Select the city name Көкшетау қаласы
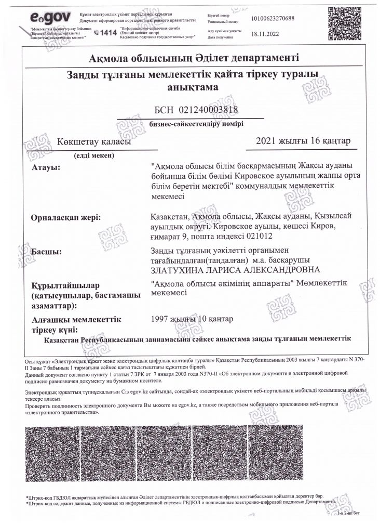(94, 141)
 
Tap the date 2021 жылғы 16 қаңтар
(304, 141)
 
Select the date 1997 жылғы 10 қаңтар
(192, 318)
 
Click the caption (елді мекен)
(94, 155)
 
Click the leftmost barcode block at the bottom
(52, 453)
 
